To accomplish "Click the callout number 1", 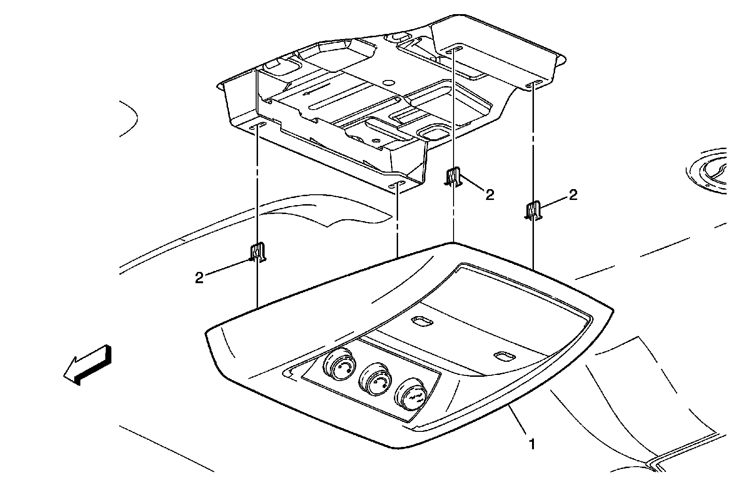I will [x=532, y=443].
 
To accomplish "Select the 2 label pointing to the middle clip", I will [x=490, y=195].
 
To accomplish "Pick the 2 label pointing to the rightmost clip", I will [x=572, y=195].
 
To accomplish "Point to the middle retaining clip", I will [x=453, y=178].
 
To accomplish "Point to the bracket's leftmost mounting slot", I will [x=258, y=127].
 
